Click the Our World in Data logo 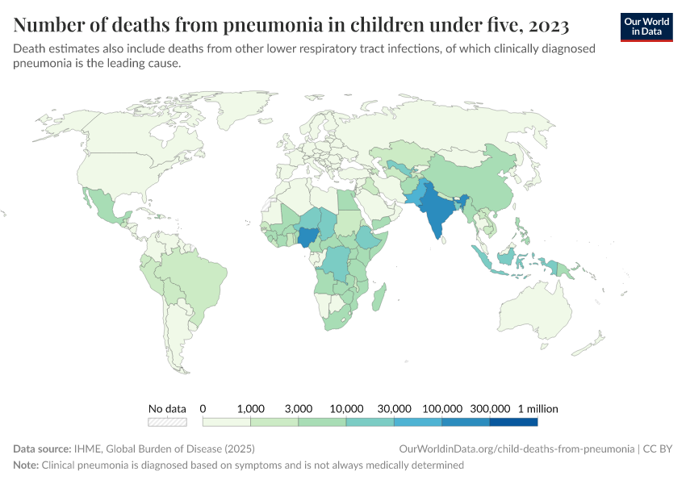click(x=646, y=26)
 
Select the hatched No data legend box click(x=167, y=421)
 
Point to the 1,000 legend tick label click(x=251, y=408)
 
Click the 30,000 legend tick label click(x=395, y=408)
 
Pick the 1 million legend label click(x=538, y=408)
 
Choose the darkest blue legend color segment click(x=513, y=421)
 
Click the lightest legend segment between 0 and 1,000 click(x=227, y=421)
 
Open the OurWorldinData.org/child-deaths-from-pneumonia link click(x=516, y=449)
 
